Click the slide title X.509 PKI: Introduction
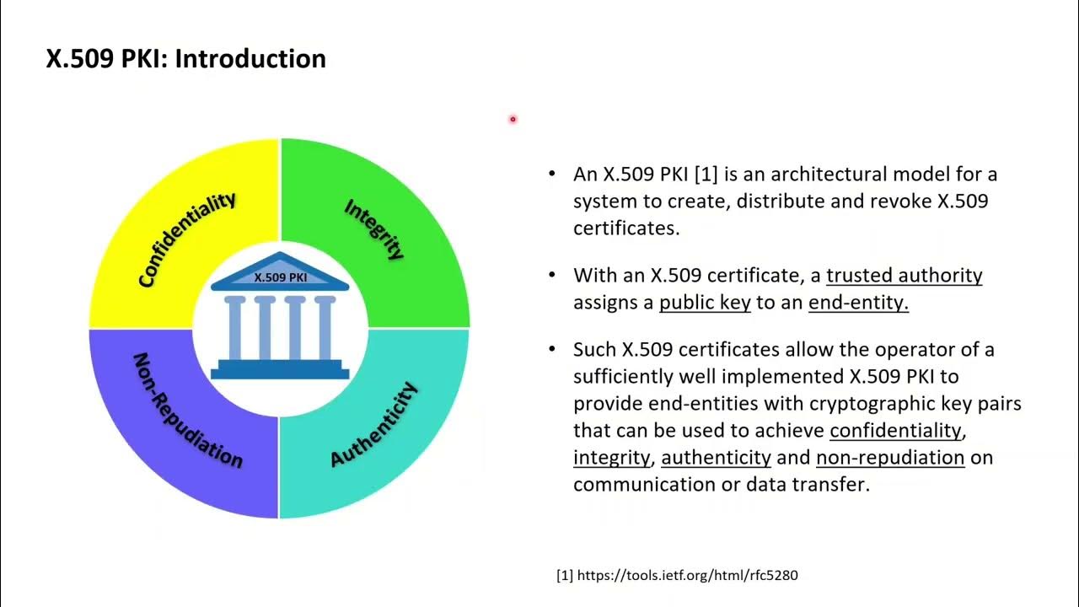click(185, 59)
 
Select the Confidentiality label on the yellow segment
click(186, 239)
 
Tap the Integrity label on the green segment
click(374, 228)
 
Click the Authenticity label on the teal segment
click(373, 424)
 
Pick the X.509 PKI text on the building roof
click(280, 277)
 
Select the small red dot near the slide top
click(512, 120)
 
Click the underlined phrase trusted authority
click(904, 276)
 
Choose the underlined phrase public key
click(705, 303)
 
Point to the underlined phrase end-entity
click(858, 303)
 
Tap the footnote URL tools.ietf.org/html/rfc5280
click(686, 575)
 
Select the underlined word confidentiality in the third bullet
click(895, 431)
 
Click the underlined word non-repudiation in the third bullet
click(890, 458)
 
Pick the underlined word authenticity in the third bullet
click(716, 458)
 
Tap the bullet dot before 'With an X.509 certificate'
click(552, 275)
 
